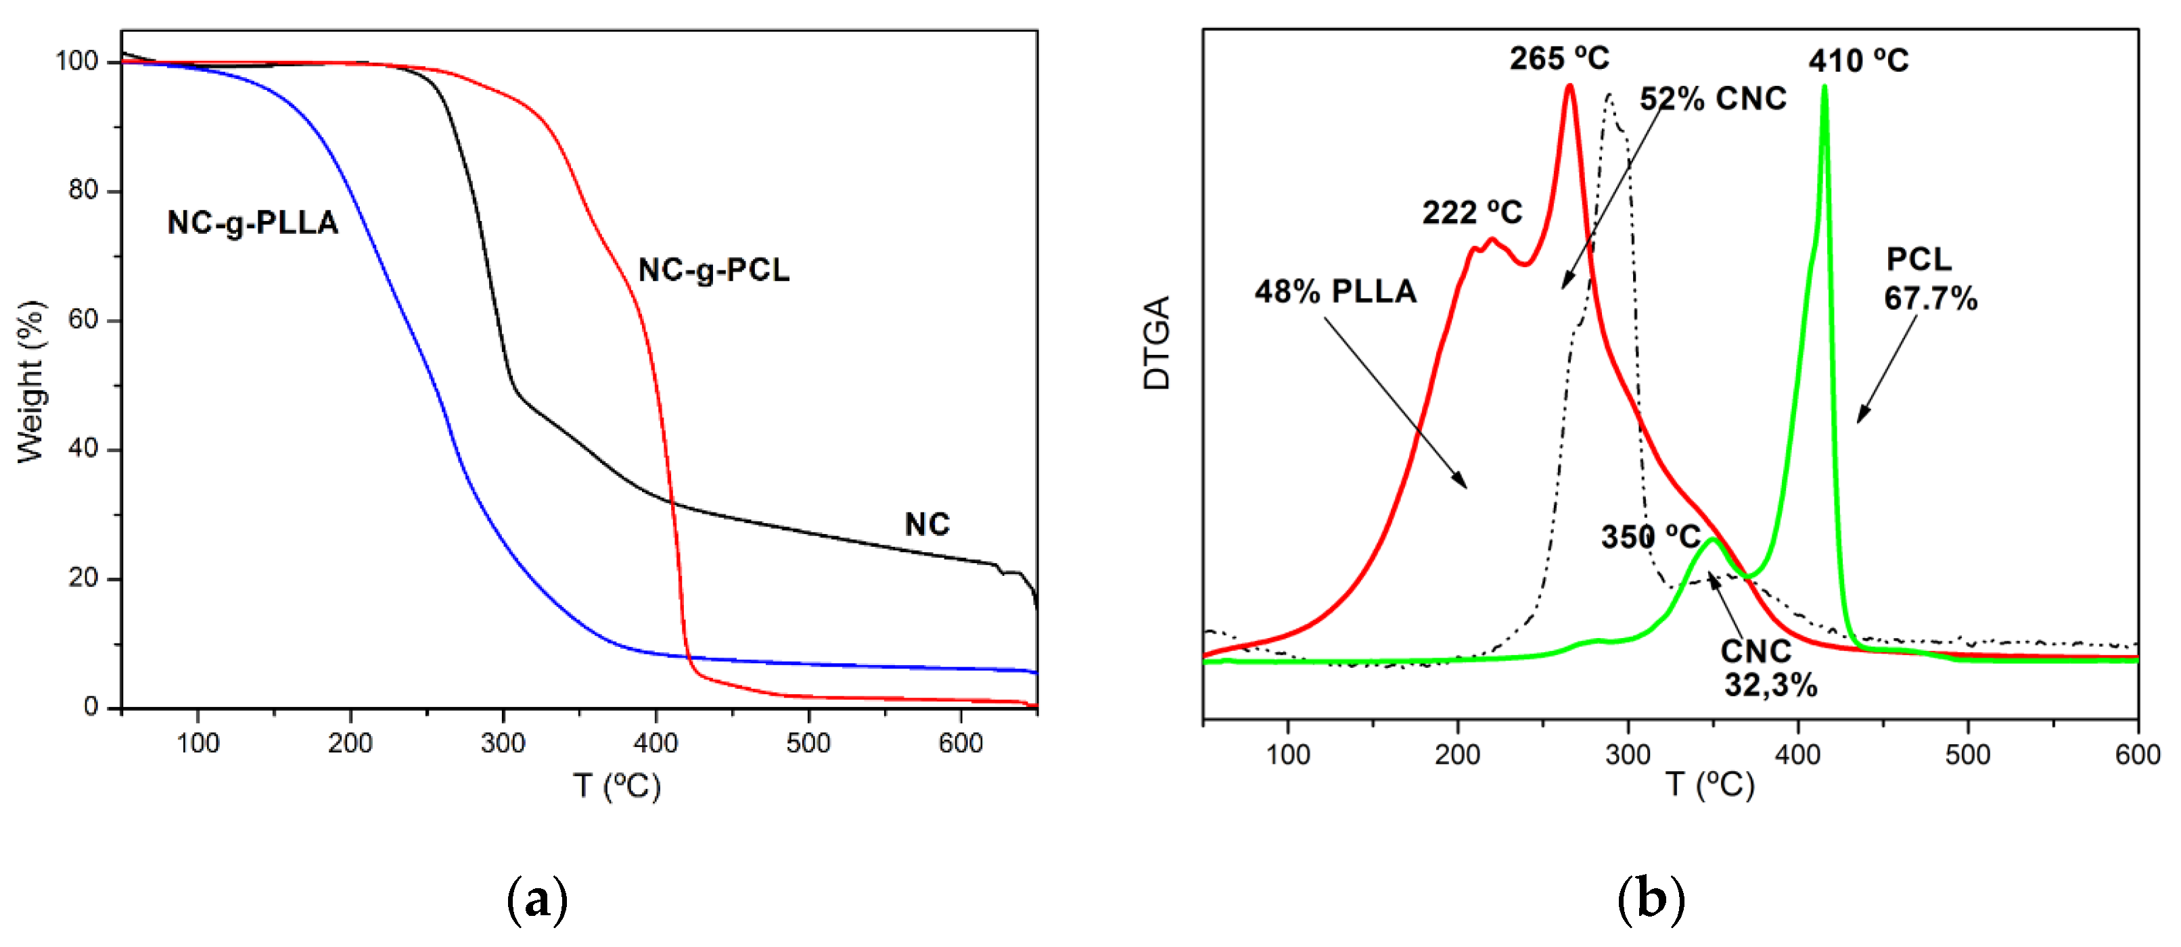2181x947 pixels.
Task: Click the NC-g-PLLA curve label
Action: click(252, 222)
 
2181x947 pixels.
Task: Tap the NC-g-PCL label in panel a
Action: click(713, 270)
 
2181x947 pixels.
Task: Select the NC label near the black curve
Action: click(927, 525)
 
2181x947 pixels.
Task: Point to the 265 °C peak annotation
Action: click(1559, 58)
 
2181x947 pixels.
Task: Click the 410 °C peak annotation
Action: click(1858, 61)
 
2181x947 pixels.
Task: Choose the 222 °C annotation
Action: click(1471, 212)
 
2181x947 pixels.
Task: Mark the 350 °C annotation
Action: click(1650, 537)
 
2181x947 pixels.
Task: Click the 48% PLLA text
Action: click(1335, 291)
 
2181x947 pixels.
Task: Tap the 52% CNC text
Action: click(1713, 99)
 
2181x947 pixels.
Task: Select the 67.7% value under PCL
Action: click(1931, 299)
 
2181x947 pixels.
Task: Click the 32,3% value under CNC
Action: click(1770, 685)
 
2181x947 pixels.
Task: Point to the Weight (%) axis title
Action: click(30, 381)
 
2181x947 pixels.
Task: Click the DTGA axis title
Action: click(1157, 343)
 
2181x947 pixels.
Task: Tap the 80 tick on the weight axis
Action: click(83, 191)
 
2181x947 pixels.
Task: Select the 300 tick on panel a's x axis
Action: click(503, 743)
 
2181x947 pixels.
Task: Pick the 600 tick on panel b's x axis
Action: click(2137, 754)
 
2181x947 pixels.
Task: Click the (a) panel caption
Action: click(536, 900)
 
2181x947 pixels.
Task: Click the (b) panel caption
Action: click(1650, 900)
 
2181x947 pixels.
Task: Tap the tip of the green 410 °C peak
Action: click(1824, 87)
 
